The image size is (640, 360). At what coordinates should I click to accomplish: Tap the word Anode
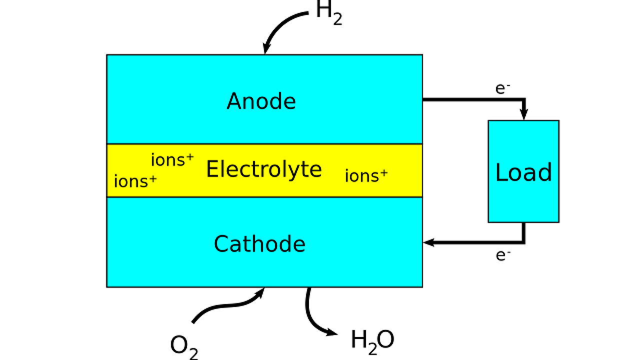click(261, 101)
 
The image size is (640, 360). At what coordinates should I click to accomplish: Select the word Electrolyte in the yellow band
click(263, 169)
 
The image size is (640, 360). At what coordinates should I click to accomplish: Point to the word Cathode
click(259, 244)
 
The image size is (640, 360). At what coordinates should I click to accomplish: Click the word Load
click(523, 172)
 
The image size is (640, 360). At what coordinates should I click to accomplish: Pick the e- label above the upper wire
click(502, 88)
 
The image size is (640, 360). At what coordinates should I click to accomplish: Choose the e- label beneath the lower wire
click(502, 255)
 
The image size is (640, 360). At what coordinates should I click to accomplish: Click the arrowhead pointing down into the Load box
click(524, 115)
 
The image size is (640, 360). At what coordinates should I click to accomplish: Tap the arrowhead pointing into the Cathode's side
click(428, 242)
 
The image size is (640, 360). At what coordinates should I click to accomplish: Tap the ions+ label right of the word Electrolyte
click(366, 176)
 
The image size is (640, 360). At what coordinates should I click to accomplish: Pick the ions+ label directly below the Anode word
click(172, 160)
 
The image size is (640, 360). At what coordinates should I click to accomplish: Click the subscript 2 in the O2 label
click(193, 353)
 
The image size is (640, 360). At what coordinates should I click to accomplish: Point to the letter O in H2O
click(385, 340)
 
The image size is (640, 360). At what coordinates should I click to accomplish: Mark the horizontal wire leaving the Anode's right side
click(470, 99)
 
